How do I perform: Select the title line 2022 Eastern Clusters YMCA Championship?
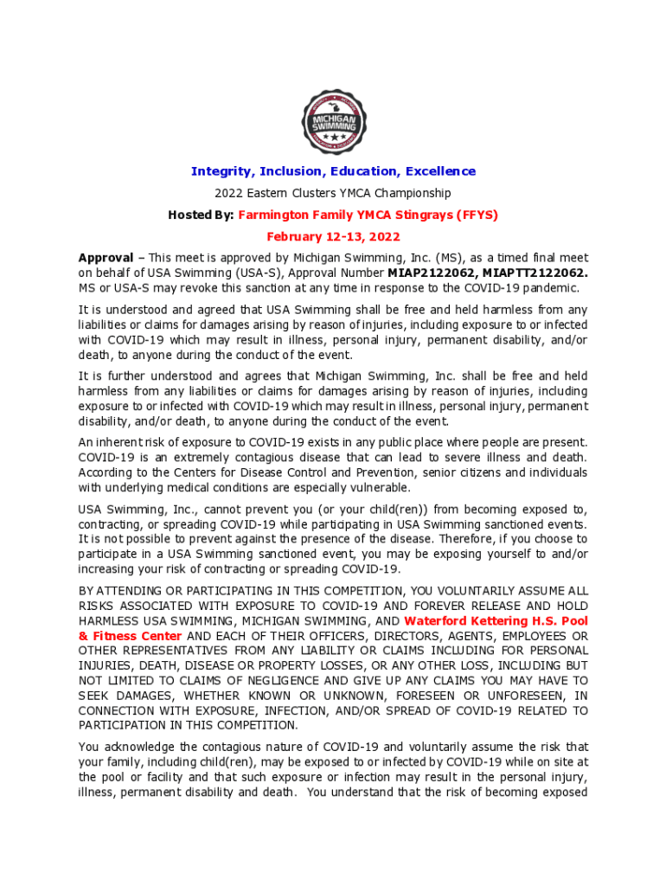(333, 193)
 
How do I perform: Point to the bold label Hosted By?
(201, 215)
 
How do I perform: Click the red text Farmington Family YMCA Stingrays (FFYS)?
(368, 215)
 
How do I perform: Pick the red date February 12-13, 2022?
(333, 236)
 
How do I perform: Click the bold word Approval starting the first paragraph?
(106, 258)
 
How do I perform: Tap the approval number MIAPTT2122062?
(529, 273)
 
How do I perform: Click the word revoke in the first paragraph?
(200, 288)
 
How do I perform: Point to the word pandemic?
(551, 288)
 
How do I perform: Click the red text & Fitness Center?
(130, 636)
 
